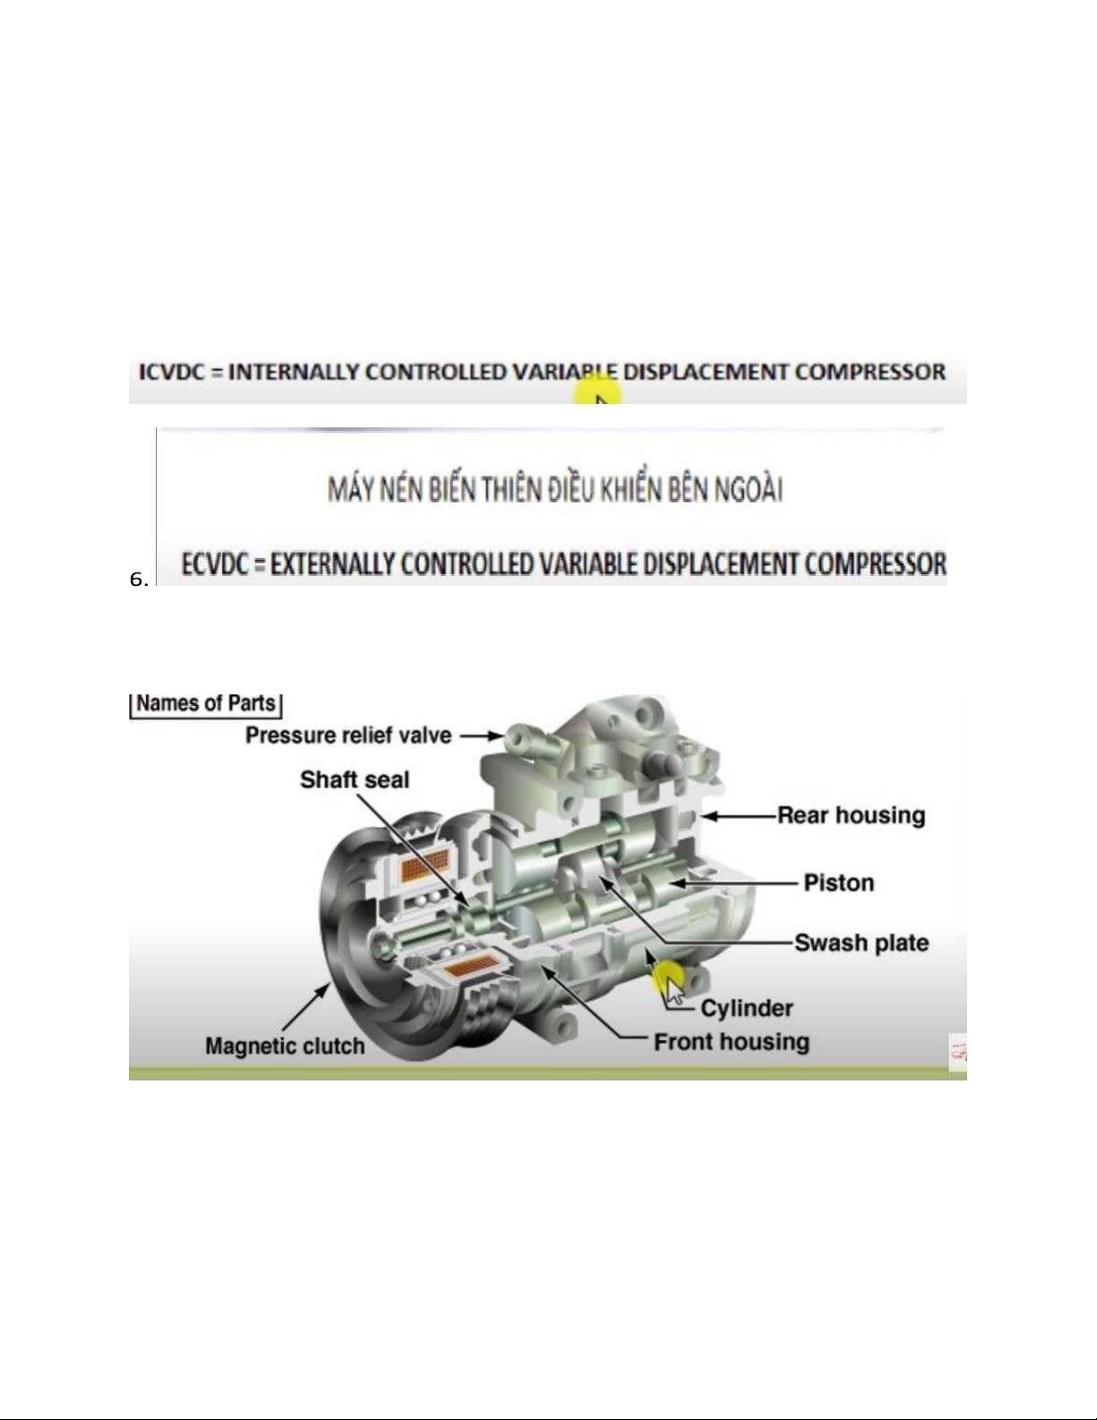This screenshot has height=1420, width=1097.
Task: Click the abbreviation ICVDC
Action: point(172,373)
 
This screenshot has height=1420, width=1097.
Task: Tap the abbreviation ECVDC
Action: point(214,564)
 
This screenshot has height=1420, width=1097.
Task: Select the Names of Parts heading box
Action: point(206,706)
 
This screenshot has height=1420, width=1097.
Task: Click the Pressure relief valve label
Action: point(348,736)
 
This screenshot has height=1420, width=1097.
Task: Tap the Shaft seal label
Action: point(355,779)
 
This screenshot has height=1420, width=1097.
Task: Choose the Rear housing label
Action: point(852,815)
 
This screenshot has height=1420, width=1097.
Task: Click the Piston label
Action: point(838,882)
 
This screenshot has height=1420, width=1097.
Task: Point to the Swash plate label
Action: point(861,943)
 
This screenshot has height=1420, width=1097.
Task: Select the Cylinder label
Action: point(746,1008)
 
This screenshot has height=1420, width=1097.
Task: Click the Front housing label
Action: point(732,1042)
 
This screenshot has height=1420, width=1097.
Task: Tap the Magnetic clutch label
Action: point(285,1046)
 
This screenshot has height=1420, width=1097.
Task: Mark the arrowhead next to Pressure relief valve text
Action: point(495,736)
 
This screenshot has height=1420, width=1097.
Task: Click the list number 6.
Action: point(139,580)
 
